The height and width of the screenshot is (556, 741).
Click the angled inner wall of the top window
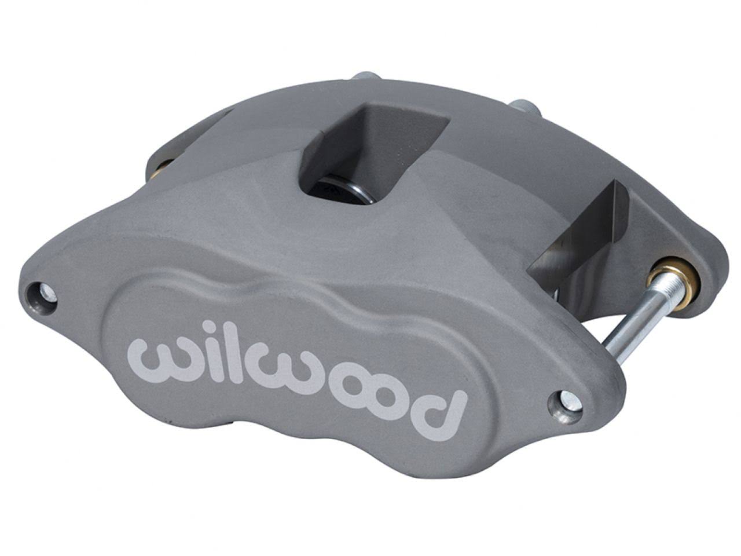[x=342, y=133]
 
